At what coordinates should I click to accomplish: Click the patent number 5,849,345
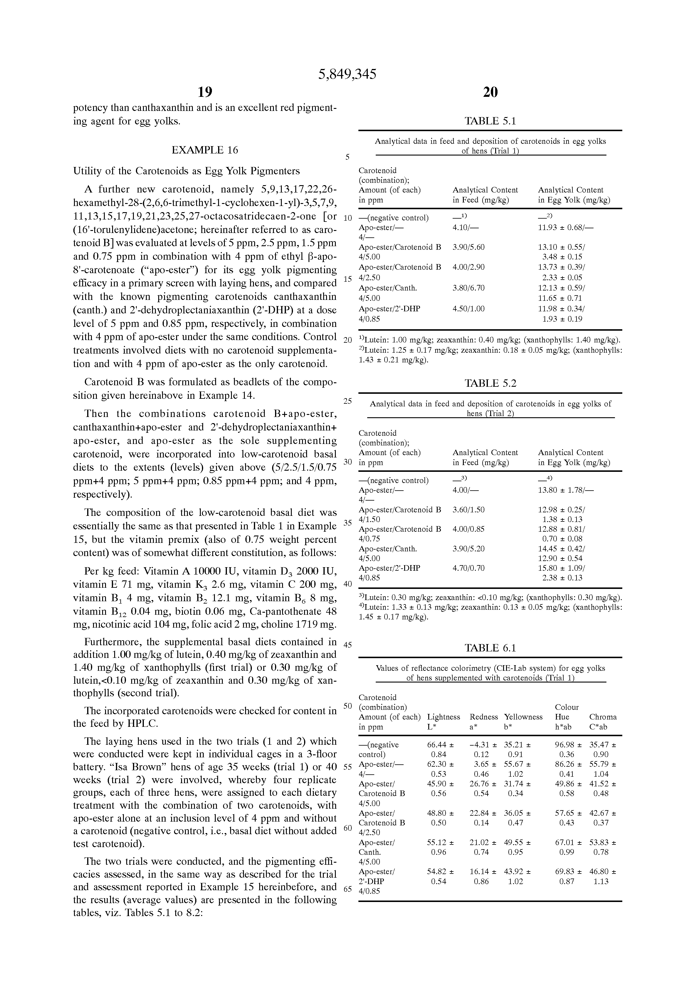347,75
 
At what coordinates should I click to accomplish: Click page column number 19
205,92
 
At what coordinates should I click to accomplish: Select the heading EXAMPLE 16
205,150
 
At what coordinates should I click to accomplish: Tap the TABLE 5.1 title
490,121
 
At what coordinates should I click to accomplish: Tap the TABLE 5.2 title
490,384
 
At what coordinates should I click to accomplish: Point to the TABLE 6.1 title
490,648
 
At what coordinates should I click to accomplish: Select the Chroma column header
603,717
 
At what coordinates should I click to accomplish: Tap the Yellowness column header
523,717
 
